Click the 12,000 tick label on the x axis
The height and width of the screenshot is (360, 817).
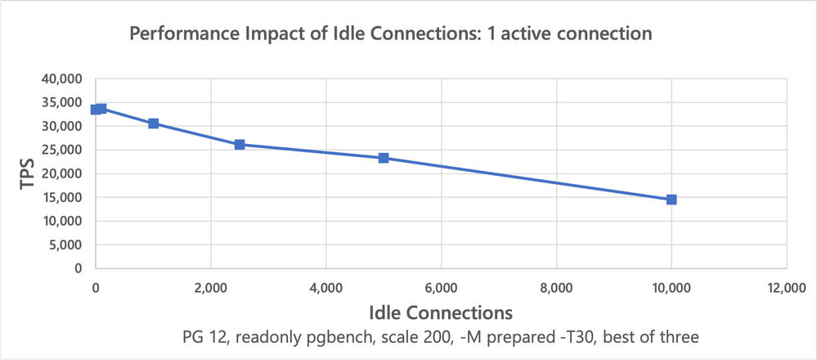point(787,287)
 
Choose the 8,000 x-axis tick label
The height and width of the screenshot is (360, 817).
point(556,287)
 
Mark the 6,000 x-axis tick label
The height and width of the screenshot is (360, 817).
point(441,287)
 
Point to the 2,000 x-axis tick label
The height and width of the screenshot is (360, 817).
point(211,287)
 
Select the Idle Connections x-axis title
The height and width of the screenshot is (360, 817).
point(441,313)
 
